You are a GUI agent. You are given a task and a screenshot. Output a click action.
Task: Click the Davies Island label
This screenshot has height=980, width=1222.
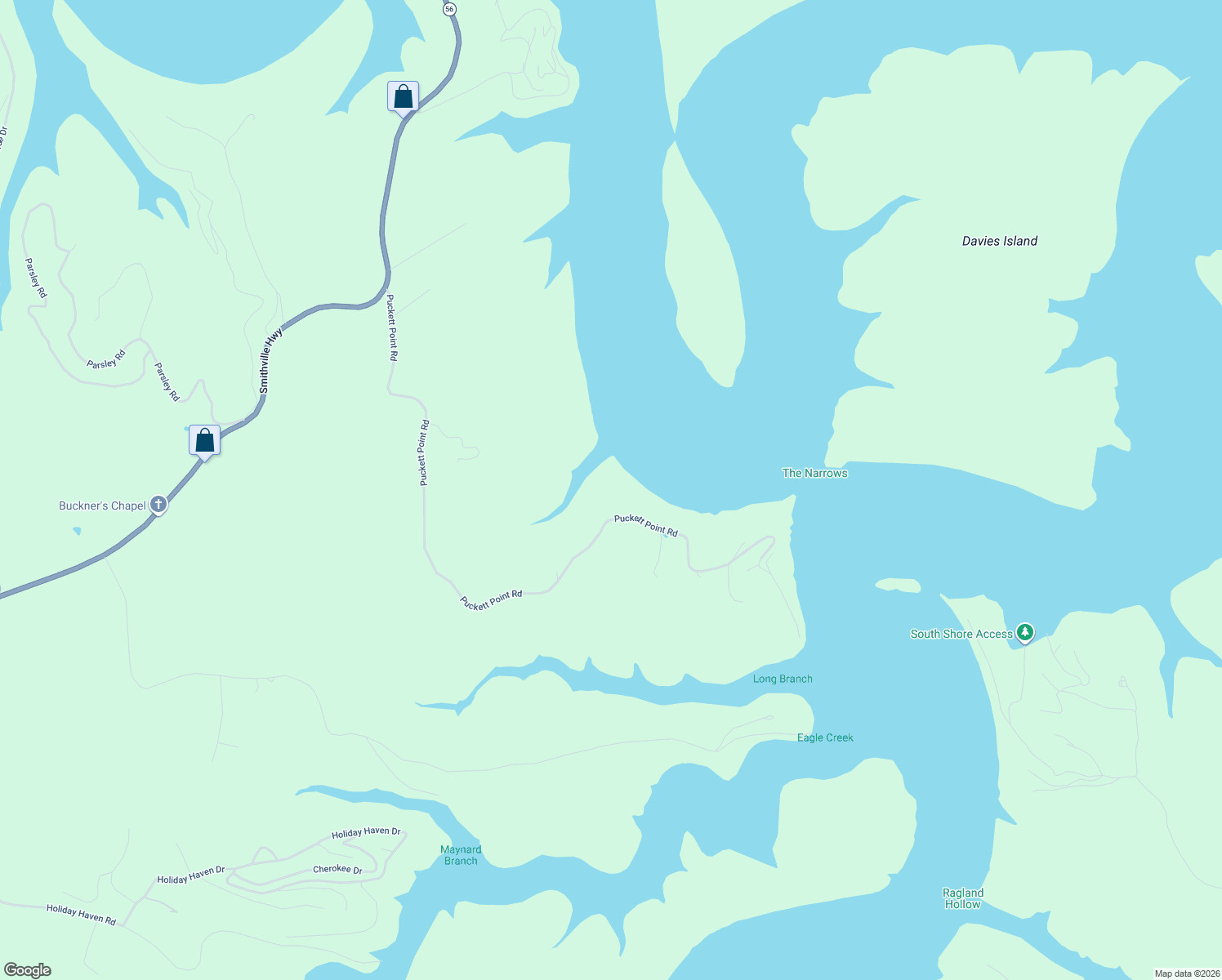click(999, 241)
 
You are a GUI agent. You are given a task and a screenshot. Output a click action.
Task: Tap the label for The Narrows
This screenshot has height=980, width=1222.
click(814, 473)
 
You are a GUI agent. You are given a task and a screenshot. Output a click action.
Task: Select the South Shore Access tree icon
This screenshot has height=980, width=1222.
click(1025, 632)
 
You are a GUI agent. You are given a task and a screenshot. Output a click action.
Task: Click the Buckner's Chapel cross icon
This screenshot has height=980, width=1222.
click(158, 505)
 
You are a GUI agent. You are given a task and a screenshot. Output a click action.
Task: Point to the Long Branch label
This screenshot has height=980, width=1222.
click(783, 679)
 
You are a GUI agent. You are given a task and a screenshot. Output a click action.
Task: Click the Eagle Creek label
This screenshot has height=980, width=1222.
click(825, 737)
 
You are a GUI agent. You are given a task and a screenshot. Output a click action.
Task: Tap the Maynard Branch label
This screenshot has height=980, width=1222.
click(461, 855)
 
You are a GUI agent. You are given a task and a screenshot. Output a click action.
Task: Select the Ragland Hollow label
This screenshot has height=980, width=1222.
click(963, 898)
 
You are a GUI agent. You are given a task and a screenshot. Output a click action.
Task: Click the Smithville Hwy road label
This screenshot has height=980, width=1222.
click(270, 361)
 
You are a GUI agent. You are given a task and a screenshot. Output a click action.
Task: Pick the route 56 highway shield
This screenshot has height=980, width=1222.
click(449, 9)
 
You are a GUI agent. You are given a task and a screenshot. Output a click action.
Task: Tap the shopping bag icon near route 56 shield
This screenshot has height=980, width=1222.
click(403, 96)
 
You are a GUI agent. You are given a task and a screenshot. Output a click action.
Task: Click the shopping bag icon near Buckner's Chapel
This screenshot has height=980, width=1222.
click(205, 441)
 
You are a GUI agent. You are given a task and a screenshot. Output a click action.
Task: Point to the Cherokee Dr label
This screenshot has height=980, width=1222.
click(337, 869)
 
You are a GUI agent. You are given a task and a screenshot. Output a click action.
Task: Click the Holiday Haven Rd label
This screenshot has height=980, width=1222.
click(81, 915)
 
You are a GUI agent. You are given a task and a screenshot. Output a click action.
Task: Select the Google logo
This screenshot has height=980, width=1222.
click(28, 970)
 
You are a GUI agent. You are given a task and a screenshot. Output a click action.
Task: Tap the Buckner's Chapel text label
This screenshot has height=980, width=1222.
click(102, 506)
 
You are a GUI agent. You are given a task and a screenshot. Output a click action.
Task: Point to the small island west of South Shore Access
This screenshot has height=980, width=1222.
click(898, 585)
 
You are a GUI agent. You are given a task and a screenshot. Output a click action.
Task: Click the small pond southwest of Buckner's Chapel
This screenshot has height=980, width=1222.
click(77, 531)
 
